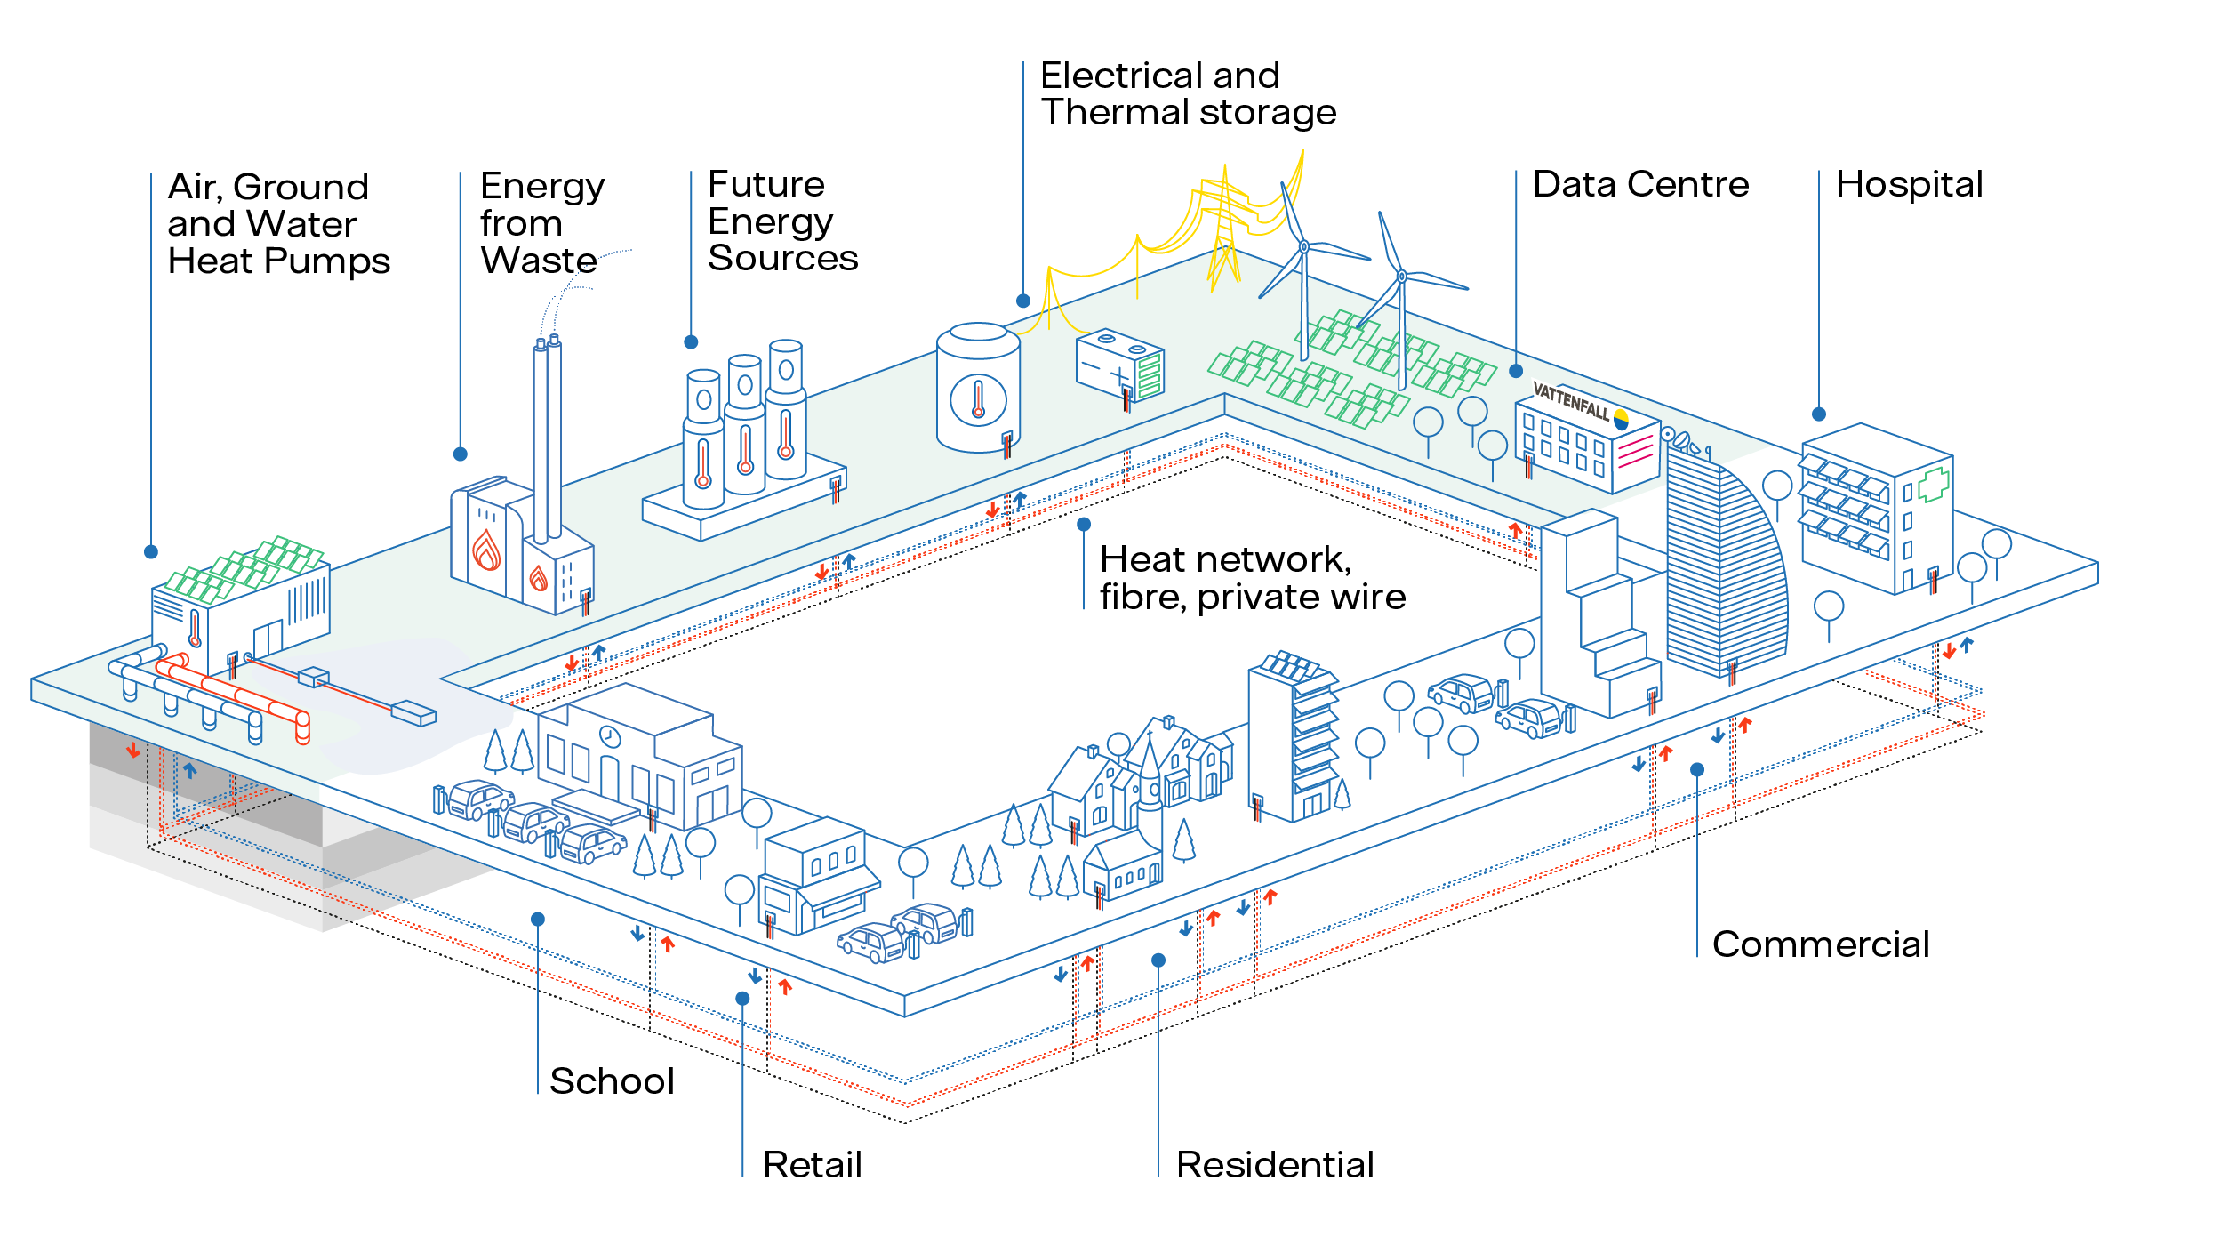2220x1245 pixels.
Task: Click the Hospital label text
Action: coord(1909,185)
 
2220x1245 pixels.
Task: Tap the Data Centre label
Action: coord(1640,185)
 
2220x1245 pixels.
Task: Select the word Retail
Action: coord(813,1165)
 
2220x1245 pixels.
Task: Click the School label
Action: coord(613,1081)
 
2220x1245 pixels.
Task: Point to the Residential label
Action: coord(1275,1165)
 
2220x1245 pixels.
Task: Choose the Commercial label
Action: coord(1821,944)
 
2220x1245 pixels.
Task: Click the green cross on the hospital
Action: coord(1933,486)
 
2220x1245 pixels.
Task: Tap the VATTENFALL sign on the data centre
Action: coord(1571,402)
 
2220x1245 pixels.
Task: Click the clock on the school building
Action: coord(610,736)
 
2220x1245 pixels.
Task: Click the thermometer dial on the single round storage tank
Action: coord(978,400)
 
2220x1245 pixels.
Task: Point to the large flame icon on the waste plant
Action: coord(486,550)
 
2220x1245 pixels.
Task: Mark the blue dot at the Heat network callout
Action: coord(1084,525)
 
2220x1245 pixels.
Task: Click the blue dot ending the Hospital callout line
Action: coord(1819,414)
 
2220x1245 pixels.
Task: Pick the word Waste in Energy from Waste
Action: coord(539,261)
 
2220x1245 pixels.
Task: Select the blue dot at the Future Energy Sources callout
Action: coord(691,342)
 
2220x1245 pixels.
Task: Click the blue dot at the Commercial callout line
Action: coord(1697,770)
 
